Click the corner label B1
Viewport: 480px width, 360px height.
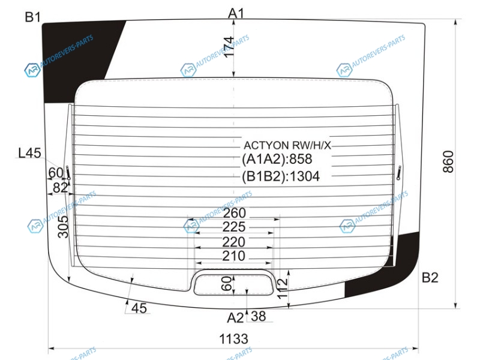[x=32, y=17]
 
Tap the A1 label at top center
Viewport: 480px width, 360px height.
[x=236, y=13]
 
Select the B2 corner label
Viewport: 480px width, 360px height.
[x=430, y=277]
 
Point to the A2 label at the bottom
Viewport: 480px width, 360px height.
[x=235, y=318]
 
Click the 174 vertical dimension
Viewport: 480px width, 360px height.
[x=229, y=47]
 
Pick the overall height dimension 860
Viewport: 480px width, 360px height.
[x=448, y=161]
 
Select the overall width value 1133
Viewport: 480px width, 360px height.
[x=233, y=339]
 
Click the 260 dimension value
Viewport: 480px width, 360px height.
[x=235, y=213]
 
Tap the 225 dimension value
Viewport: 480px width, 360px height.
[x=234, y=227]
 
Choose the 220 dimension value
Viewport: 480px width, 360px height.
[x=233, y=242]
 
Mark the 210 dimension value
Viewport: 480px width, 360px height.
[x=233, y=256]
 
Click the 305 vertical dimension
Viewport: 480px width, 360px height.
[x=63, y=227]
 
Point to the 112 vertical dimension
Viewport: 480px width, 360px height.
[x=282, y=288]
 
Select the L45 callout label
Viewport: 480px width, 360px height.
[x=29, y=153]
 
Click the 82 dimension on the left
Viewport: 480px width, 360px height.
[x=60, y=188]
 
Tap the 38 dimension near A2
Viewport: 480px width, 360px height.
[x=259, y=316]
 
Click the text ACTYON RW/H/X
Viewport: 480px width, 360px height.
[x=287, y=145]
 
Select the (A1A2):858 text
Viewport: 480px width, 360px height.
[x=277, y=159]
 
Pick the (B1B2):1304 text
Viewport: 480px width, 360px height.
[x=281, y=176]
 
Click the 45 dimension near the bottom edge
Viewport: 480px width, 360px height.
[x=139, y=308]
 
